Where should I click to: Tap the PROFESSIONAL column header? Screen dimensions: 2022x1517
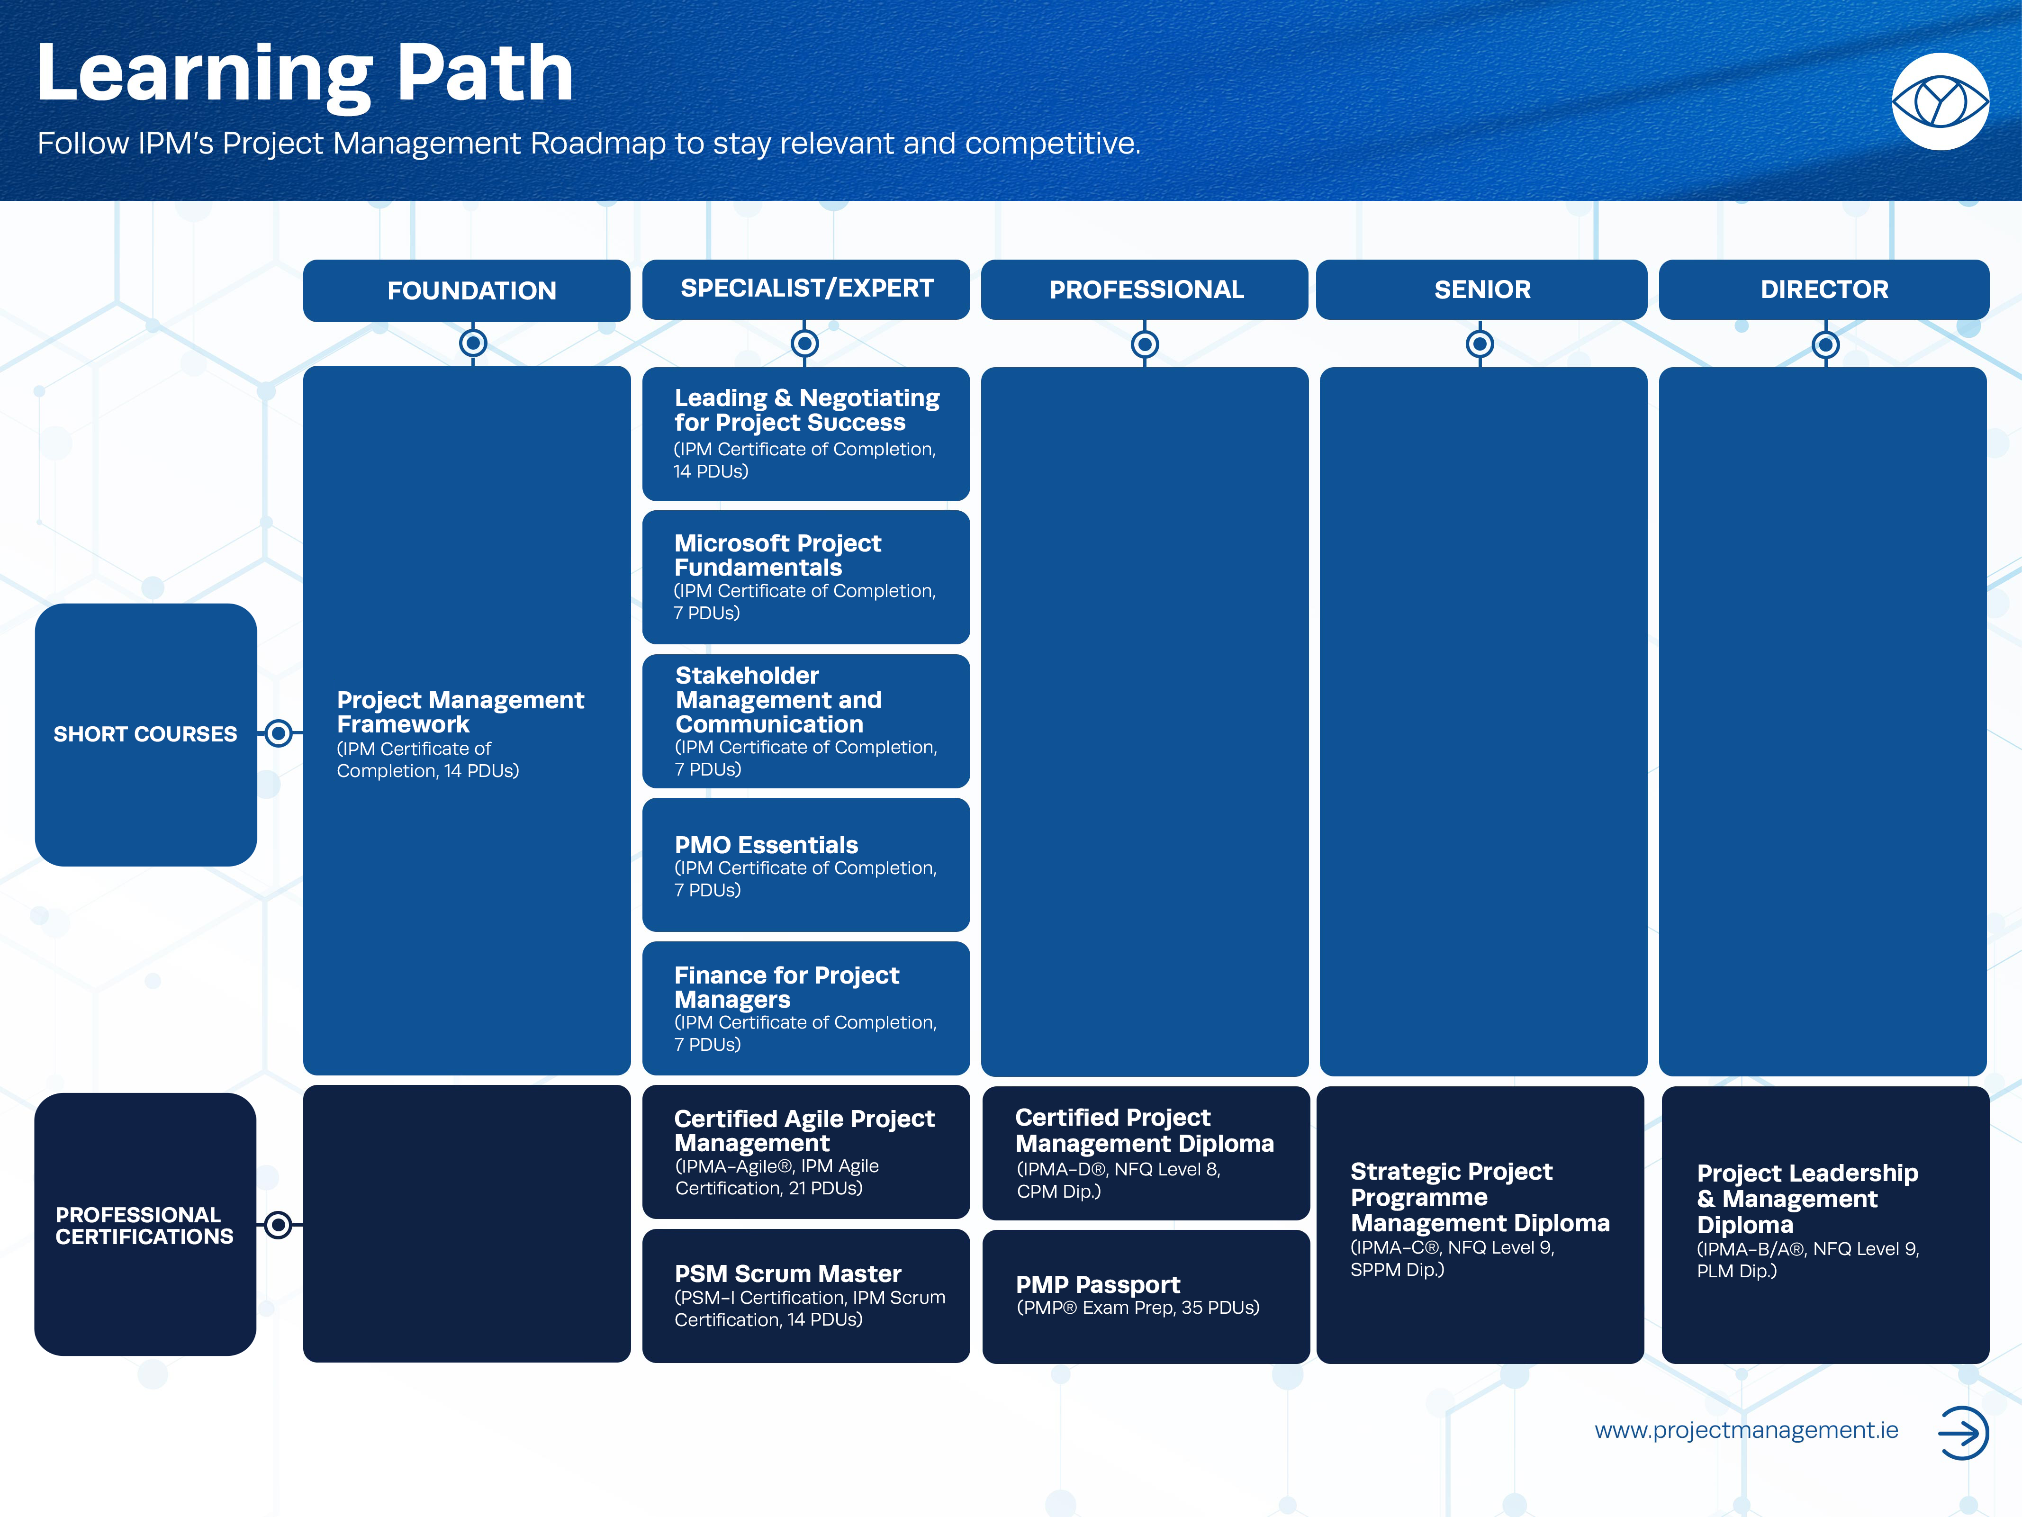tap(1145, 289)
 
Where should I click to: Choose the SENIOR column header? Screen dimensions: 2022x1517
tap(1482, 289)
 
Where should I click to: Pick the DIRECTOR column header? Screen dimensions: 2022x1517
tap(1823, 289)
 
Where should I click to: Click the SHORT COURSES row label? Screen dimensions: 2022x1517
tap(145, 734)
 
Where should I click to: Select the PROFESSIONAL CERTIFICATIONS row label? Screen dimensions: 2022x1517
tap(145, 1225)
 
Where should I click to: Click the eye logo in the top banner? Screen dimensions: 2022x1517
tap(1940, 101)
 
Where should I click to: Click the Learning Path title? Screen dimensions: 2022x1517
tap(305, 75)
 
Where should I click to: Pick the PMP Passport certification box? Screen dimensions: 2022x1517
tap(1146, 1297)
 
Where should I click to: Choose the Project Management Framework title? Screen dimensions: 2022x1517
tap(460, 712)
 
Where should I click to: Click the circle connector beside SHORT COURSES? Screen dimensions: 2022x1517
tap(279, 733)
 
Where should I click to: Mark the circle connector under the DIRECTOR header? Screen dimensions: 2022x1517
tap(1825, 344)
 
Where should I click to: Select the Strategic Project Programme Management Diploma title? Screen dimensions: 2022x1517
tap(1480, 1197)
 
